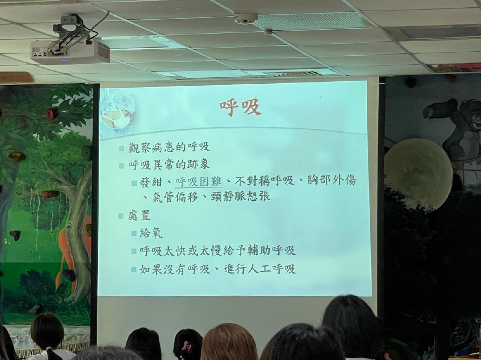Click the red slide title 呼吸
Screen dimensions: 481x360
[x=240, y=107]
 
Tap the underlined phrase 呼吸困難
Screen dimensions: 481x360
[x=198, y=182]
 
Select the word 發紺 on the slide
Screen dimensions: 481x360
[x=151, y=182]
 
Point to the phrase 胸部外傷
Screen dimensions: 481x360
[x=331, y=180]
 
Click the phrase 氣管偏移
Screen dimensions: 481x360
[x=175, y=197]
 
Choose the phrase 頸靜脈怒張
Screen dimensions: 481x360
[x=240, y=196]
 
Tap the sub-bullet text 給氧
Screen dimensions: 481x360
[x=151, y=233]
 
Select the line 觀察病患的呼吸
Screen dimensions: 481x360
[x=169, y=147]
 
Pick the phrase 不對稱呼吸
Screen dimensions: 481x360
[x=265, y=181]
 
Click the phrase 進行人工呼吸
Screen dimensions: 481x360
[x=260, y=269]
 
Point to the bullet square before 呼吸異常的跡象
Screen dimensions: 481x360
[x=121, y=166]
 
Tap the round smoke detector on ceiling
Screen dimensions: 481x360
[x=245, y=18]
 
